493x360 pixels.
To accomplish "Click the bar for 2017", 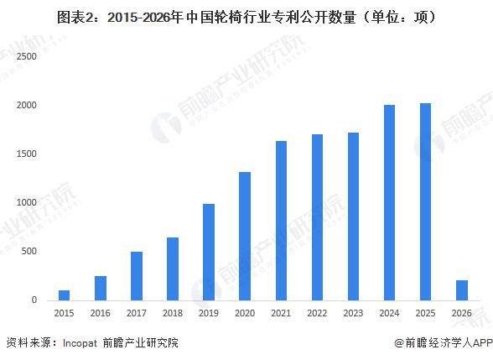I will coord(136,276).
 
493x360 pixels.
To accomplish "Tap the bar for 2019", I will coord(208,252).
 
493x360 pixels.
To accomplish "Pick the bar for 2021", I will coord(281,221).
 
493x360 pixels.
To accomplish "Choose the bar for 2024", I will coord(389,202).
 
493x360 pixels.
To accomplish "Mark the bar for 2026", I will coord(461,290).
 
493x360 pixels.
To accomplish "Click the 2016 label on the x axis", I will coord(100,313).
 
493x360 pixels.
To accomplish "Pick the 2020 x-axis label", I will coord(244,313).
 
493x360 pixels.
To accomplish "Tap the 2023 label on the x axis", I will coord(353,313).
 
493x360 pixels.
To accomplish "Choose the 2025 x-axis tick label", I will coord(425,313).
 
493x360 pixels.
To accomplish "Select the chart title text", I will coord(246,16).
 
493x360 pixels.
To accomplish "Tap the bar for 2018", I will coord(172,269).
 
